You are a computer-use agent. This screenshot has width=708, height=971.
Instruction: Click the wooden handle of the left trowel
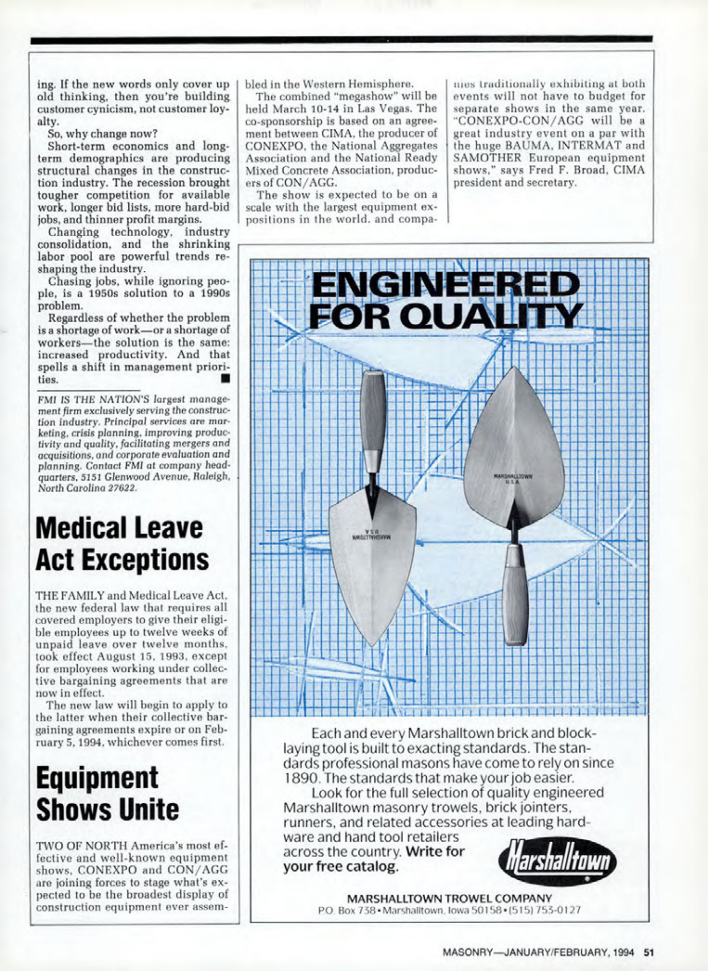(373, 411)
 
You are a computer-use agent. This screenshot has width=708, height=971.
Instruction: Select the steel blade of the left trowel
(371, 560)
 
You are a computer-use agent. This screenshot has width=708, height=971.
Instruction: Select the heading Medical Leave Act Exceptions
(122, 544)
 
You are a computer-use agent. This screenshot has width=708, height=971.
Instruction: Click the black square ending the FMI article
(226, 379)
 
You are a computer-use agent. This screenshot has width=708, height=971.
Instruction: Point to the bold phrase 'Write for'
(435, 852)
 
